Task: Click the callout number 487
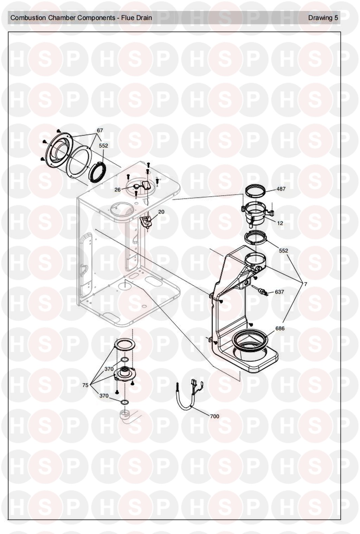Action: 281,189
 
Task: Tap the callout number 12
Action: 280,223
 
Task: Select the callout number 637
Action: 279,292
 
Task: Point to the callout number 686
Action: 280,328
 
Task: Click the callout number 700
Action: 214,416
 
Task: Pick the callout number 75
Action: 85,385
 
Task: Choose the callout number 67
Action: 100,130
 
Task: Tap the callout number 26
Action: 118,190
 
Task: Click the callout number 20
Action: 161,212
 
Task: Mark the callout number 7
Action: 306,284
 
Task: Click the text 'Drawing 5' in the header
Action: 323,18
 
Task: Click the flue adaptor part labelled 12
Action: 257,213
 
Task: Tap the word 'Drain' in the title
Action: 144,18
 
